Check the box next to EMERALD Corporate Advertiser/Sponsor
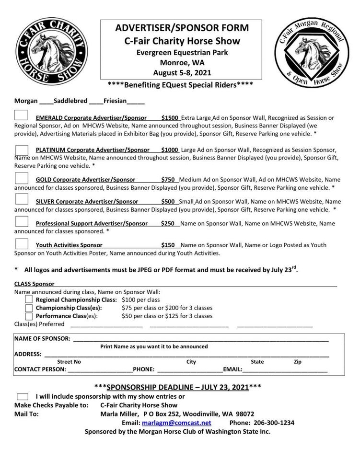pos(21,115)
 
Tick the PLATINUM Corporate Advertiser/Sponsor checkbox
pos(22,150)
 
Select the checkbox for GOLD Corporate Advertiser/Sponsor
pos(22,179)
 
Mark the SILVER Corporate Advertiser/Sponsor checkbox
pos(22,200)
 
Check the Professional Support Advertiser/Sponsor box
pos(22,222)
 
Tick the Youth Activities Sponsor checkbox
pos(22,244)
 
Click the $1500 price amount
pos(170,117)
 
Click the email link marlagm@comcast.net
pos(176,423)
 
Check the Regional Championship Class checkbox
pos(29,299)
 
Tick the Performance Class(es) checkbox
pos(29,316)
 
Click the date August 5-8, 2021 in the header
pos(182,73)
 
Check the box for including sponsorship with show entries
pos(22,396)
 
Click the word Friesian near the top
pos(115,101)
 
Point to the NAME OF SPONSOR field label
pos(42,338)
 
